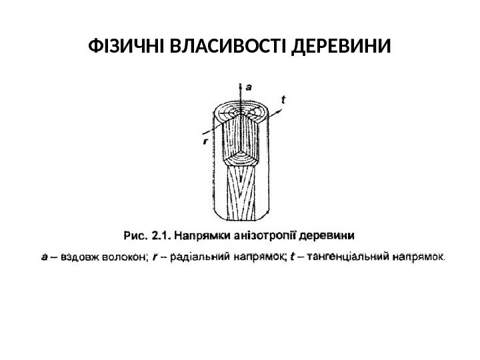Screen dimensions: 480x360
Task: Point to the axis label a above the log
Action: point(249,86)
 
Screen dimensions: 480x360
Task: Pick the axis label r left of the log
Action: point(205,141)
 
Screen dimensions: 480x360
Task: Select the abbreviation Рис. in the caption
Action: point(136,235)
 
